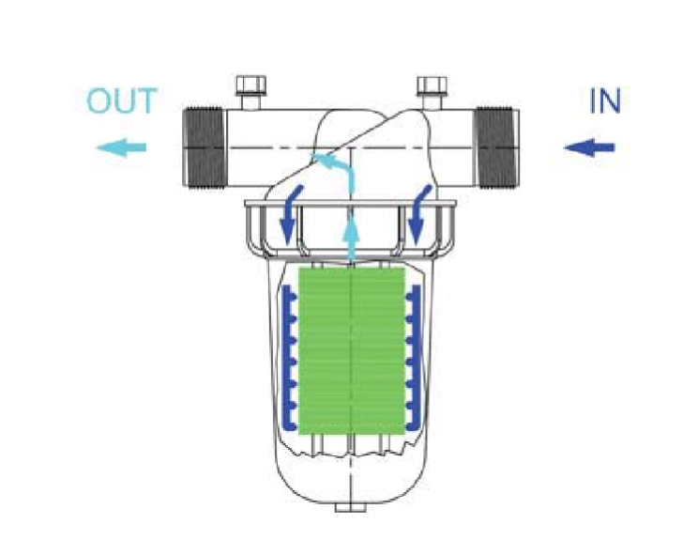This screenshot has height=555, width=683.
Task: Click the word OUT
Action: coord(122,100)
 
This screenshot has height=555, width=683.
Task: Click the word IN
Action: coord(604,101)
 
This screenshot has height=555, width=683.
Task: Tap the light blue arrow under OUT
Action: coord(121,147)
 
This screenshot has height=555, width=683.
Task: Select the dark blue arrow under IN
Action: coord(589,147)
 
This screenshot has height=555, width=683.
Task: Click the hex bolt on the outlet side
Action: coord(250,92)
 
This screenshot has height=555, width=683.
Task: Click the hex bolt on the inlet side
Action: coord(432,92)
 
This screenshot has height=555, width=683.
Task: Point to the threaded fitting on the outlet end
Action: coord(205,147)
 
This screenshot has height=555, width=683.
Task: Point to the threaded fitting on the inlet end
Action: coord(497,147)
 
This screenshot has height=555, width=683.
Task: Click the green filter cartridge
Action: coord(352,351)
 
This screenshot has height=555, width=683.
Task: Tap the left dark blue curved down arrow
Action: coord(287,218)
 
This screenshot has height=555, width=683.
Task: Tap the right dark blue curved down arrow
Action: coord(417,218)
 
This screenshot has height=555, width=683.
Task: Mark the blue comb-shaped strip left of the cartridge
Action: coord(288,358)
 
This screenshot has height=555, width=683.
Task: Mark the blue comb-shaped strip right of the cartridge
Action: coord(414,358)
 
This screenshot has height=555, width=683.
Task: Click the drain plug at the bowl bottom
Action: coord(351,507)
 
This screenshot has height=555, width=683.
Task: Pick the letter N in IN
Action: coord(610,101)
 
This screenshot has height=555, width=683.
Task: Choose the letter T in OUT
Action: coord(146,101)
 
